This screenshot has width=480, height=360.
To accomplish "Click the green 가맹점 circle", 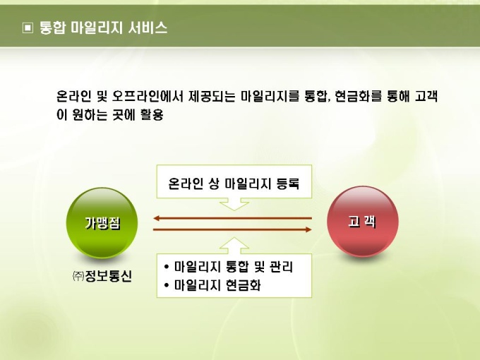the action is (102, 223).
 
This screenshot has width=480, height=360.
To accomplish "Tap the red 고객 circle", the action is (363, 222).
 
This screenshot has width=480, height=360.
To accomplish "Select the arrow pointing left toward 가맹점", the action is (232, 218).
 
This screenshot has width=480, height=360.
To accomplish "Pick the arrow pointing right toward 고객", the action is (232, 229).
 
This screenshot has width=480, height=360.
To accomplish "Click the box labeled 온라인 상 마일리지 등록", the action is (234, 181).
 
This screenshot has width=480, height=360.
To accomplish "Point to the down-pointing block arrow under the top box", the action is (234, 204).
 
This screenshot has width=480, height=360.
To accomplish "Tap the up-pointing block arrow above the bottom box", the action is (234, 246).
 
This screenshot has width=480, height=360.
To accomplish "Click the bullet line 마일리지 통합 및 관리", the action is (229, 267).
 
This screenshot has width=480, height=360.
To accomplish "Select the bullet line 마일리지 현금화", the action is (212, 285).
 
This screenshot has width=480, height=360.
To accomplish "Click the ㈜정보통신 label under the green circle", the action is (102, 276).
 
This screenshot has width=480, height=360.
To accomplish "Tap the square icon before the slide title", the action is (28, 28).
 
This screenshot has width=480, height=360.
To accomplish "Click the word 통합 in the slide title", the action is (53, 28).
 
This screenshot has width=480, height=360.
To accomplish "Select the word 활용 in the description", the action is (152, 115).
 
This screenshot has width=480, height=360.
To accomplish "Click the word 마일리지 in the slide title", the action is (97, 28).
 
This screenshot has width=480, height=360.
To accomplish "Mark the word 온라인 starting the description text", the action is (74, 97).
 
